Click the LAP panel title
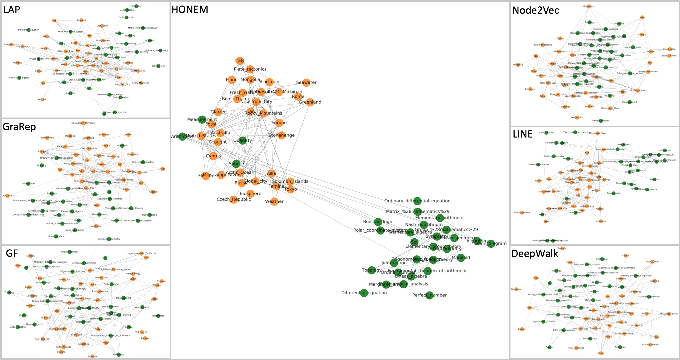coord(12,10)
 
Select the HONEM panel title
coord(190,10)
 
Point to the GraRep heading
coord(19,127)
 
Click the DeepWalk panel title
coord(535,254)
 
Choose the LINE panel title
coord(523,134)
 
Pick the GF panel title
coord(12,253)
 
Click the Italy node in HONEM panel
coord(240,61)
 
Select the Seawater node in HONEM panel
coord(306,82)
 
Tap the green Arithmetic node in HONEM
coord(182,136)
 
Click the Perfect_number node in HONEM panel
coord(429,295)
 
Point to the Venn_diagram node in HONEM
coord(491,243)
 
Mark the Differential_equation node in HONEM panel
coord(364,293)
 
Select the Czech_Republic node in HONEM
coord(234,199)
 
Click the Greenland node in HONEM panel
coord(310,102)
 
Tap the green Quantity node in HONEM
coord(242,140)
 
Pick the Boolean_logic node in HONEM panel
coord(378,221)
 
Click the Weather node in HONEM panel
coord(274,201)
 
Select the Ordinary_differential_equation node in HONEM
coord(417,201)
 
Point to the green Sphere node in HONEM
coord(236,164)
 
